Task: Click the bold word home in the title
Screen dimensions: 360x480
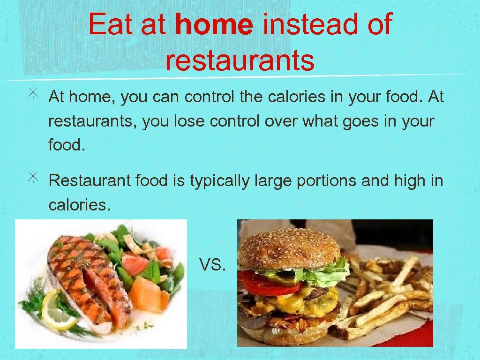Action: [x=214, y=24]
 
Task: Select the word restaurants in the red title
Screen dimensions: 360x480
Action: [x=240, y=60]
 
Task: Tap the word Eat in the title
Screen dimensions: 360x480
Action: [x=110, y=24]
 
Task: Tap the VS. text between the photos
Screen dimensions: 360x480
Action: [x=212, y=265]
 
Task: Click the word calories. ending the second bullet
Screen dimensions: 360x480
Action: [x=79, y=205]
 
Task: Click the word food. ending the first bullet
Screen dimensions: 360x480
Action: [x=67, y=146]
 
